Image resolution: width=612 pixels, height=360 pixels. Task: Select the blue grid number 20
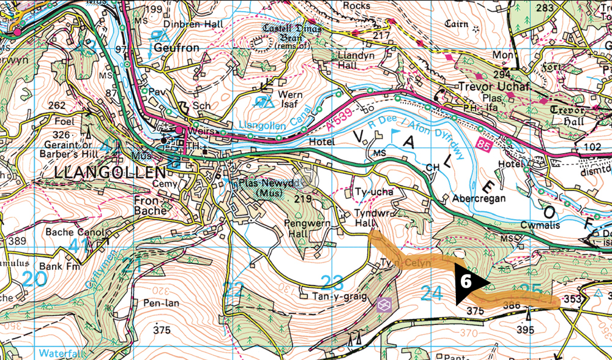pyautogui.click(x=35, y=279)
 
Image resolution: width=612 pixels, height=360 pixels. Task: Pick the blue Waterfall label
pyautogui.click(x=61, y=353)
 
